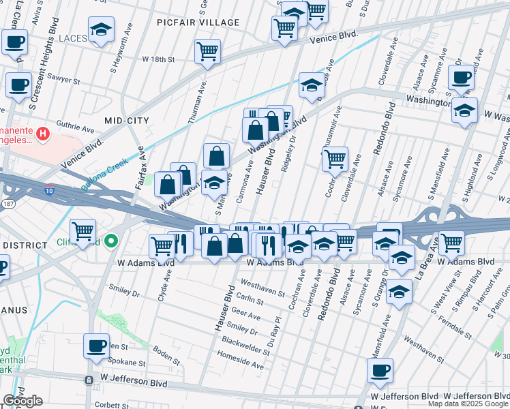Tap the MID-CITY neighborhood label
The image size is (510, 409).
[x=126, y=120]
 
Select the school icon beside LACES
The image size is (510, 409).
[x=102, y=30]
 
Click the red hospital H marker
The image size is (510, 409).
[x=43, y=134]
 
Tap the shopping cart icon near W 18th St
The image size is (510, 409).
[x=208, y=51]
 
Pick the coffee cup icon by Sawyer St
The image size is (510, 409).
[x=18, y=85]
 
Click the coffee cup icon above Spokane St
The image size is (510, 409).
[x=96, y=346]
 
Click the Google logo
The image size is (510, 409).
[x=22, y=401]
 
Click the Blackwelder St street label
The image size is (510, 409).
[x=247, y=344]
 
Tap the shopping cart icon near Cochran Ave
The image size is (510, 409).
[x=334, y=160]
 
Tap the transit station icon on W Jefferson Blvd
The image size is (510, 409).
[x=89, y=379]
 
